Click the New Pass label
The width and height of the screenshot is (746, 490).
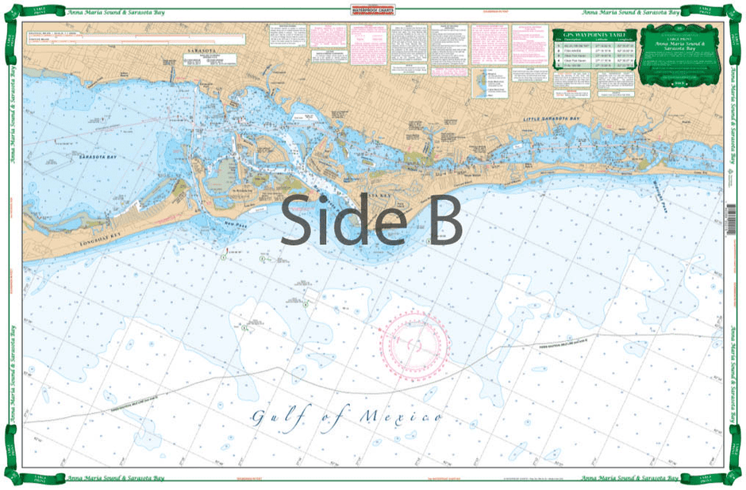(238, 226)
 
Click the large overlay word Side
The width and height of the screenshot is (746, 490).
(333, 220)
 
